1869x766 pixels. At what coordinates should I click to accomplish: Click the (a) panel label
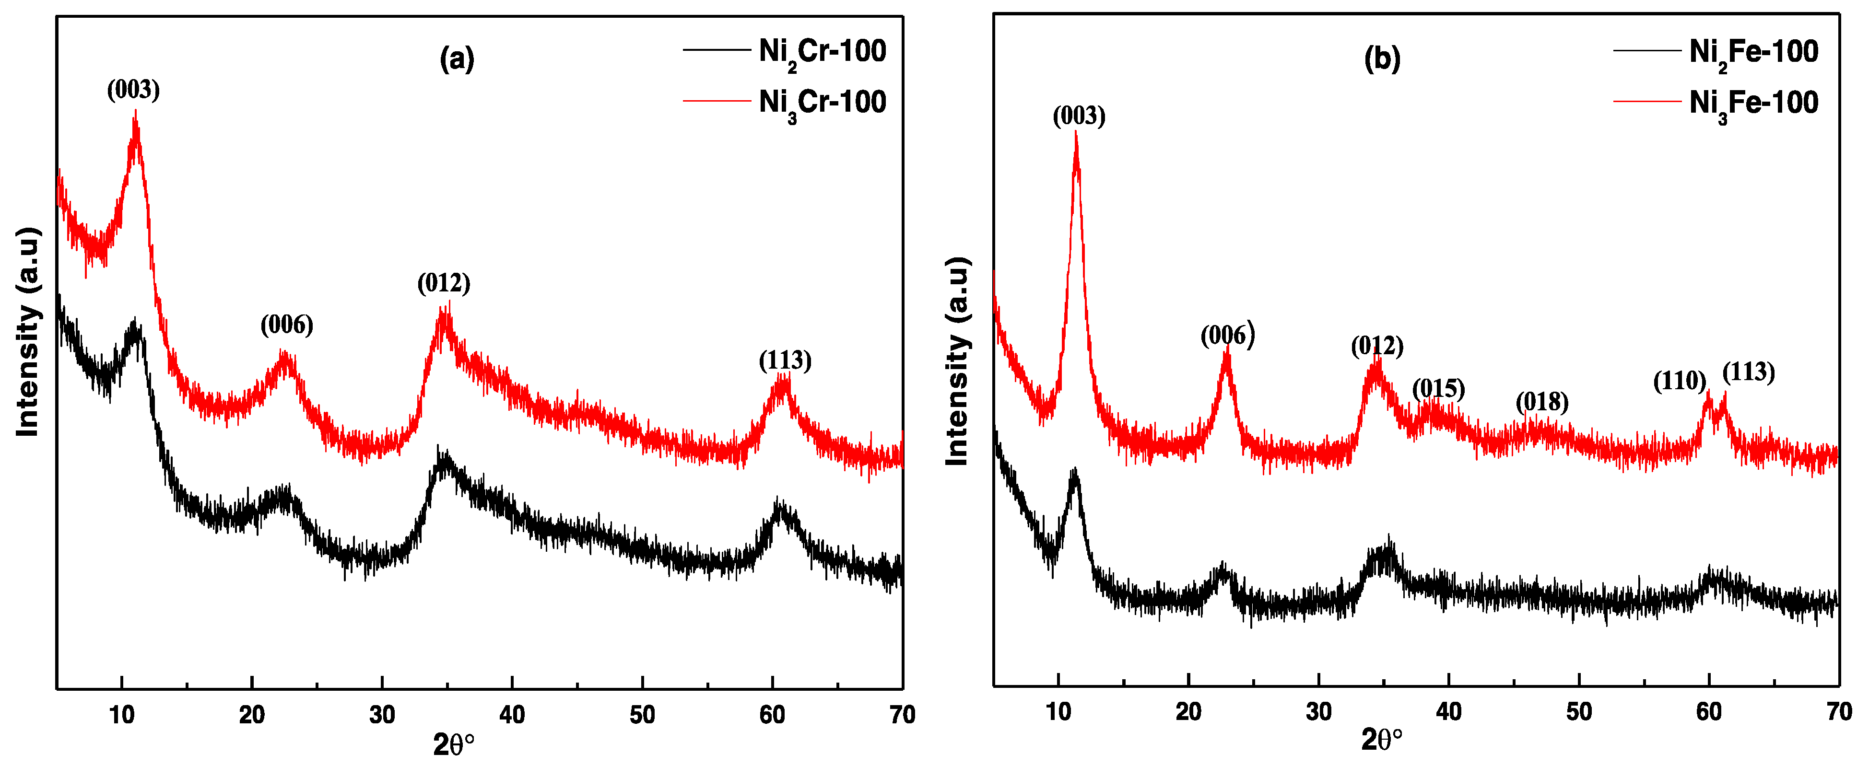point(457,58)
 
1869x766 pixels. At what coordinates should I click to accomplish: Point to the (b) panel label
point(1382,58)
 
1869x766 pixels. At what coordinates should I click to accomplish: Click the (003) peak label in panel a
point(133,90)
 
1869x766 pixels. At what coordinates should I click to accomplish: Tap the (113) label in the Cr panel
point(785,360)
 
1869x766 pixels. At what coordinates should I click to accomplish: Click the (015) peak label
point(1438,389)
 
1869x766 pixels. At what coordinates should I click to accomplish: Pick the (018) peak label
point(1542,402)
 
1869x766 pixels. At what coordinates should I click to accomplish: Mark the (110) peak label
point(1679,381)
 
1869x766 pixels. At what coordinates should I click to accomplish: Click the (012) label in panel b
point(1376,346)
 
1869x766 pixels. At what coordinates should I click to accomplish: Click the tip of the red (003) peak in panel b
point(1075,135)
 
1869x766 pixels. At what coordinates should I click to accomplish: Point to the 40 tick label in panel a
point(512,715)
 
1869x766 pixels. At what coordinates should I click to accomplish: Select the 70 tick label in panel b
point(1838,712)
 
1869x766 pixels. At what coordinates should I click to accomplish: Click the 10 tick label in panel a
point(122,715)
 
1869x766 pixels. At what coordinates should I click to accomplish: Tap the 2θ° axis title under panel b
point(1381,741)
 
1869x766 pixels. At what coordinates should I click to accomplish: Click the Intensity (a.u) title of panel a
point(27,332)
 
